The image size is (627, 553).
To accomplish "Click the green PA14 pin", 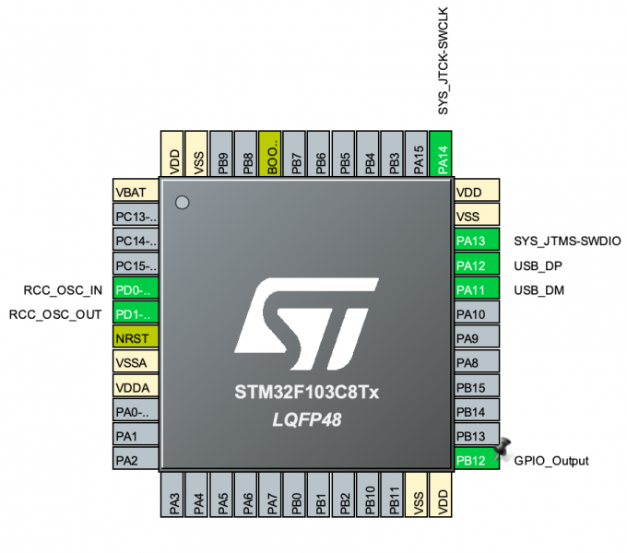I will point(444,153).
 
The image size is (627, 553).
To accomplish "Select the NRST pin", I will point(136,337).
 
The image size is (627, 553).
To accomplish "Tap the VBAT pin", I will point(136,194).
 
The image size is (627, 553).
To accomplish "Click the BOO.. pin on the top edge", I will point(272,153).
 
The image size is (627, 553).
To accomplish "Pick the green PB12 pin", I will point(476,460).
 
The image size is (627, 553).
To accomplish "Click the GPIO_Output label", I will point(551,461).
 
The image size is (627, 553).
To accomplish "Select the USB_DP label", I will point(538,265).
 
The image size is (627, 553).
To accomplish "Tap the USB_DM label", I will point(538,289).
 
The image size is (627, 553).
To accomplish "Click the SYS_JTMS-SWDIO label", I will point(566,241).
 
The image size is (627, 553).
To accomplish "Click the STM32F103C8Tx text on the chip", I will point(307,393).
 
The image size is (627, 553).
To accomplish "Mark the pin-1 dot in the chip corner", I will point(183,202).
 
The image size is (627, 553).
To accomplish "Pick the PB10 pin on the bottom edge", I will point(368,499).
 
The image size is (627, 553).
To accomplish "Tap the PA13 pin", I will point(476,241).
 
